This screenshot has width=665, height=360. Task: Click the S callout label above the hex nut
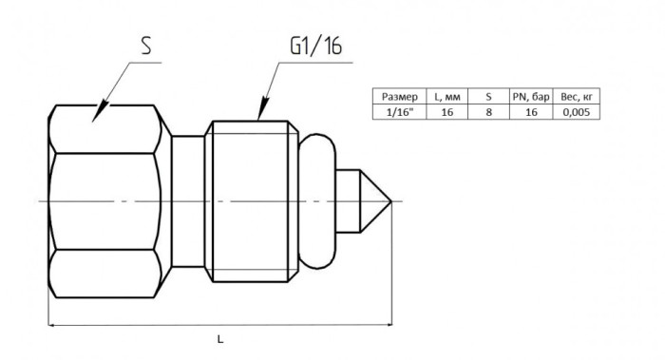pyautogui.click(x=146, y=46)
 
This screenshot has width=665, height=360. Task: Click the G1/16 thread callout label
pyautogui.click(x=316, y=46)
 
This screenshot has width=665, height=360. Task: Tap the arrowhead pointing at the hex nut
pyautogui.click(x=100, y=112)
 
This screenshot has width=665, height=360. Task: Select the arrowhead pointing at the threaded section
pyautogui.click(x=263, y=108)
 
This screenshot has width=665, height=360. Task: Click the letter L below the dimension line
pyautogui.click(x=220, y=339)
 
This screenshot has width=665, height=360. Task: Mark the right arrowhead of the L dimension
pyautogui.click(x=387, y=325)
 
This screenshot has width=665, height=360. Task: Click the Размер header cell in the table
pyautogui.click(x=400, y=97)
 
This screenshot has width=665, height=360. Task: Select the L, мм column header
pyautogui.click(x=447, y=97)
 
